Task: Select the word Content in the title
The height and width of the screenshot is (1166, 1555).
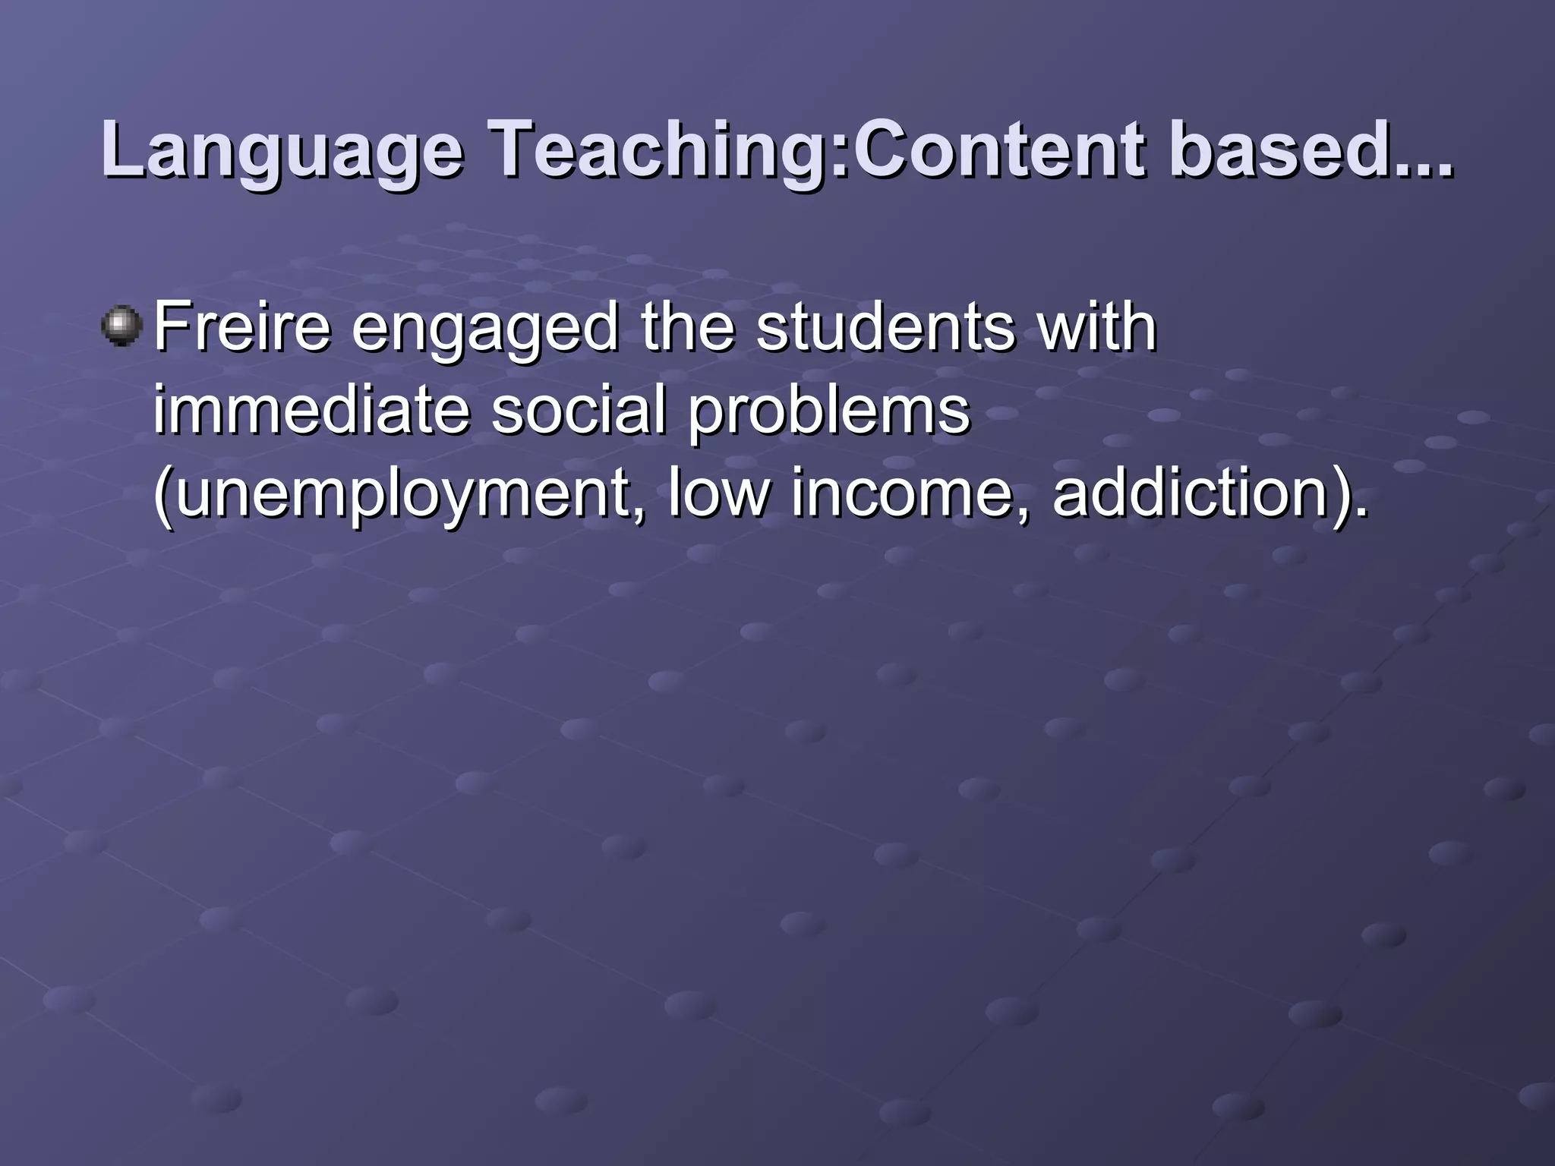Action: coord(999,151)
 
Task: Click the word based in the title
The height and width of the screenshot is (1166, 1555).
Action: coord(1276,151)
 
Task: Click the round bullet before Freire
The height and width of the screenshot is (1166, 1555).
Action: coord(121,327)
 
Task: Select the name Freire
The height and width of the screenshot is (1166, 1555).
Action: coord(242,327)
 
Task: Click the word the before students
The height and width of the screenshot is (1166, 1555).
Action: coord(688,327)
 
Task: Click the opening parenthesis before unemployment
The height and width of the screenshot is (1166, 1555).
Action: coord(162,495)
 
